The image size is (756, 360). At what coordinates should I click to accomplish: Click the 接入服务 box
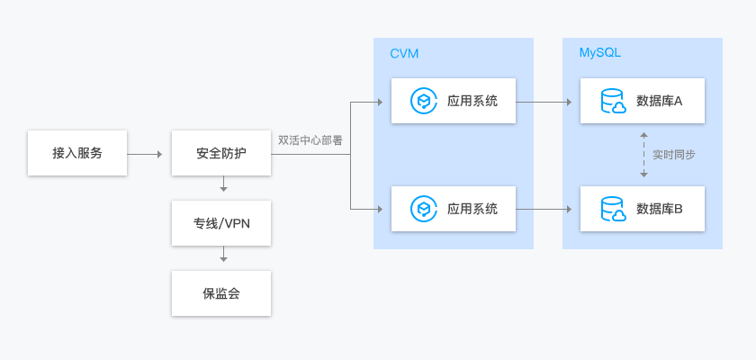coord(76,153)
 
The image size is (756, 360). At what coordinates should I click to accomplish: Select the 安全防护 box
coord(220,153)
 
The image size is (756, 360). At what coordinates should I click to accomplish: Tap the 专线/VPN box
coord(220,223)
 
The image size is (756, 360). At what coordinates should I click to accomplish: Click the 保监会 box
coord(220,293)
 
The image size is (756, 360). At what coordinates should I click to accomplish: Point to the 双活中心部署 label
coord(310,140)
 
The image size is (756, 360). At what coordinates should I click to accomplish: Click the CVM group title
coord(404,54)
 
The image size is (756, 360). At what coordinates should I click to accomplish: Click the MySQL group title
coord(599,54)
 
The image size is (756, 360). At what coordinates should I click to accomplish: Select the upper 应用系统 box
coord(454,101)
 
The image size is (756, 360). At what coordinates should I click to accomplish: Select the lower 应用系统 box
coord(454,209)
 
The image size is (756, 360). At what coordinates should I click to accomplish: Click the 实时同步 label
coord(673,155)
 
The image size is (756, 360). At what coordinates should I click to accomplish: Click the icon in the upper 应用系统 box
coord(423,101)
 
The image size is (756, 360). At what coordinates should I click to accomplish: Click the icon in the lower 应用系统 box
coord(423,209)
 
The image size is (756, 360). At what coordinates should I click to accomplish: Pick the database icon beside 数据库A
coord(613,101)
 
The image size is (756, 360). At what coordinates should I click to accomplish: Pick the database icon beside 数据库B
coord(613,209)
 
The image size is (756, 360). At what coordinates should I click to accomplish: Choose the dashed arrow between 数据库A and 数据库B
coord(643,155)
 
